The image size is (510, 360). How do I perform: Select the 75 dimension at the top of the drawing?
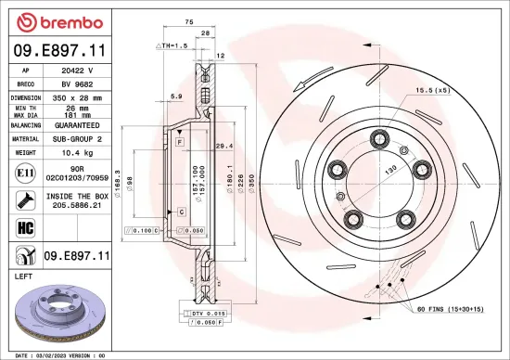click(x=188, y=20)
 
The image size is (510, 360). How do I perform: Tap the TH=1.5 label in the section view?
click(x=173, y=45)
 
